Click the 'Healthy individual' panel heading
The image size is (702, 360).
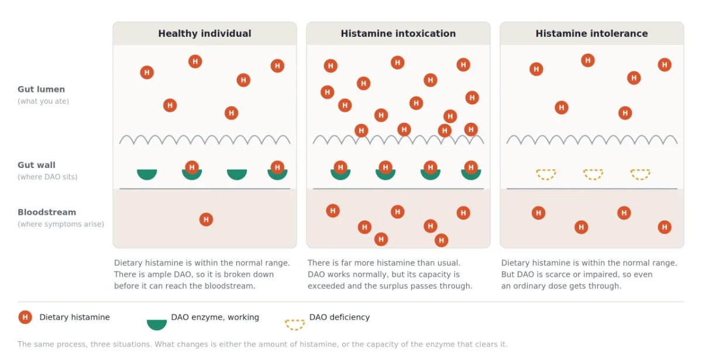[205, 33]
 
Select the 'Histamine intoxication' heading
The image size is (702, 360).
[398, 33]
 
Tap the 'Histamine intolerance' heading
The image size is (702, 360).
[591, 33]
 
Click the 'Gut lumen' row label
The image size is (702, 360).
[41, 90]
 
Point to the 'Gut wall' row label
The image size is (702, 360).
[36, 165]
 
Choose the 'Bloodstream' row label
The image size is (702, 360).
[47, 212]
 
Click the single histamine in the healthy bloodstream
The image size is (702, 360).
[206, 220]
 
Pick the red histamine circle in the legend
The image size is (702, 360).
[25, 317]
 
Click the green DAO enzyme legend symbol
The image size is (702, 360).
[157, 324]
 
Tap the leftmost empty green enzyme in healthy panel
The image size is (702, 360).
[147, 174]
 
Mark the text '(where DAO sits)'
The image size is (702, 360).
[47, 177]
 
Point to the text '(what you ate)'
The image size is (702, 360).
[43, 101]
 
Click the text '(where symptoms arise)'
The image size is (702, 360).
[61, 224]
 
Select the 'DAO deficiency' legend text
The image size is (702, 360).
[339, 317]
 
